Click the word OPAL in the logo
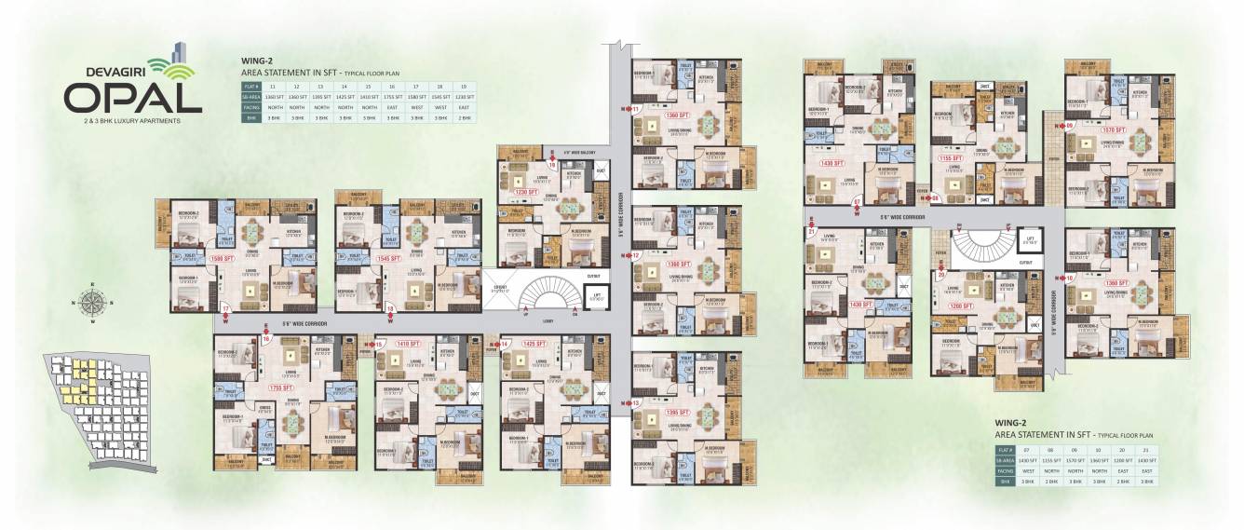click(133, 97)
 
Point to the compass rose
click(92, 303)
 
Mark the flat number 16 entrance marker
click(266, 339)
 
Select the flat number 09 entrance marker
click(1070, 125)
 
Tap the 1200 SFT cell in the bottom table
click(1121, 461)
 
